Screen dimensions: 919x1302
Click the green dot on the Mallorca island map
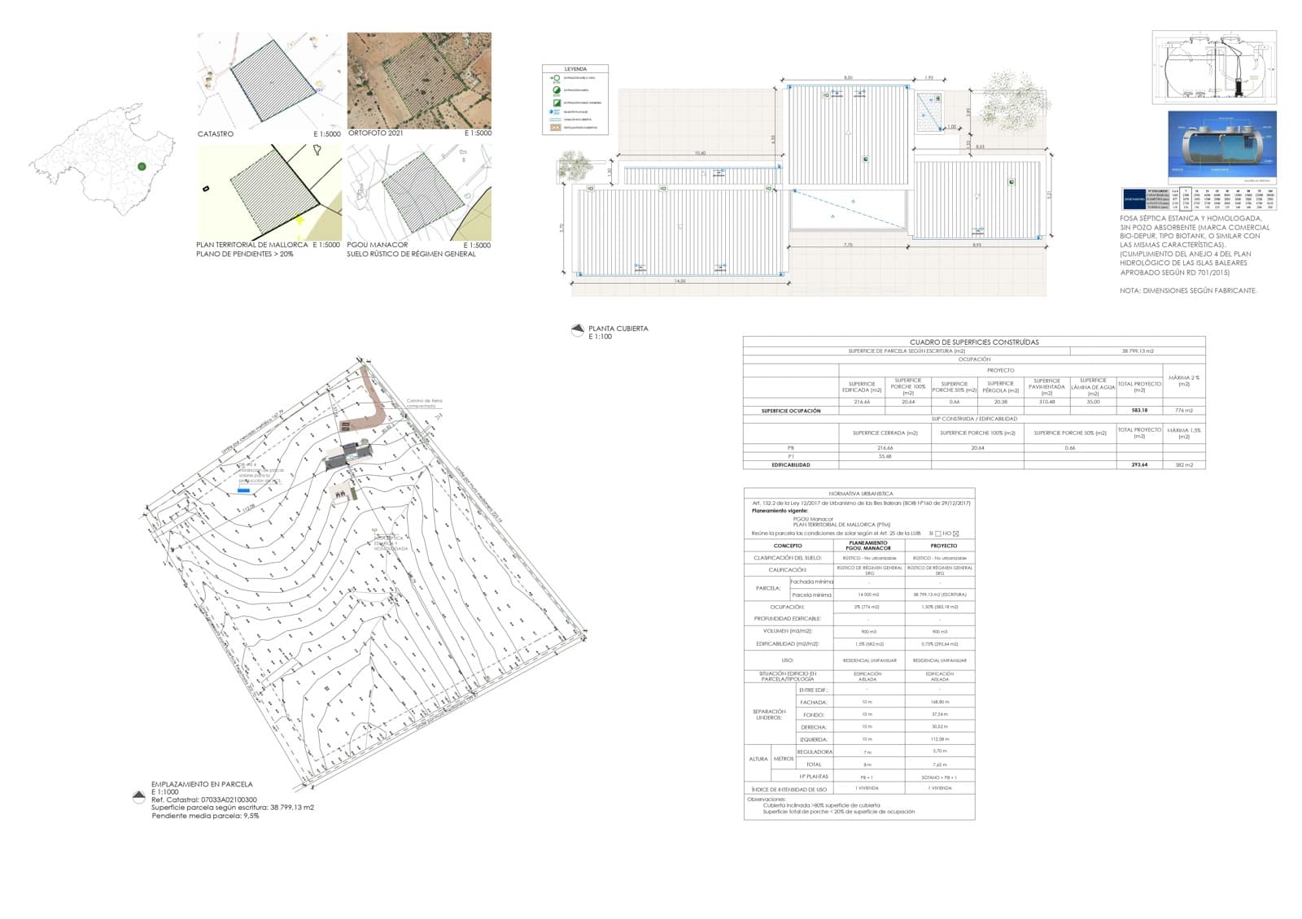[x=142, y=166]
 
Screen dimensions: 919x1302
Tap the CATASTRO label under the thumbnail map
[x=216, y=133]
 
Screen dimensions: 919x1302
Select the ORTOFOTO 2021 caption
[x=375, y=133]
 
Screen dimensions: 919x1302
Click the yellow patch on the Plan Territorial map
[x=299, y=220]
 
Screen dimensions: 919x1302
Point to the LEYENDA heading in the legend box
[x=575, y=69]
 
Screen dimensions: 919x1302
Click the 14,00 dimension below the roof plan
[x=679, y=281]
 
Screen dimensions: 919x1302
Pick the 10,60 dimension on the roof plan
[x=700, y=153]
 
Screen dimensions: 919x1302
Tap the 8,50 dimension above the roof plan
[x=848, y=78]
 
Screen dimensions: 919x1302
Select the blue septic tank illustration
[x=1222, y=146]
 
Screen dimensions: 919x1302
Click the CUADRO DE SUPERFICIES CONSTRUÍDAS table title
[x=974, y=342]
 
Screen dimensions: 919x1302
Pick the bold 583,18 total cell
[x=1139, y=411]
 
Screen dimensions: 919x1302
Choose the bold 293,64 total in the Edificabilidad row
[x=1139, y=465]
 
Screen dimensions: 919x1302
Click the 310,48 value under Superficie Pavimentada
[x=1046, y=402]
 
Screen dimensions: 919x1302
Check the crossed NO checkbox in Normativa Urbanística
[x=956, y=534]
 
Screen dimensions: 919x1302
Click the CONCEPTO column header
[x=788, y=546]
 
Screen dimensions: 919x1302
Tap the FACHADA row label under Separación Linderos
[x=814, y=702]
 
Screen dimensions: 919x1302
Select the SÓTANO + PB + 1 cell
[x=939, y=777]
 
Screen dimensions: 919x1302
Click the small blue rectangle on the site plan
[x=243, y=490]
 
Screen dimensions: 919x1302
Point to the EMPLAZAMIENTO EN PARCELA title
[x=202, y=785]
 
